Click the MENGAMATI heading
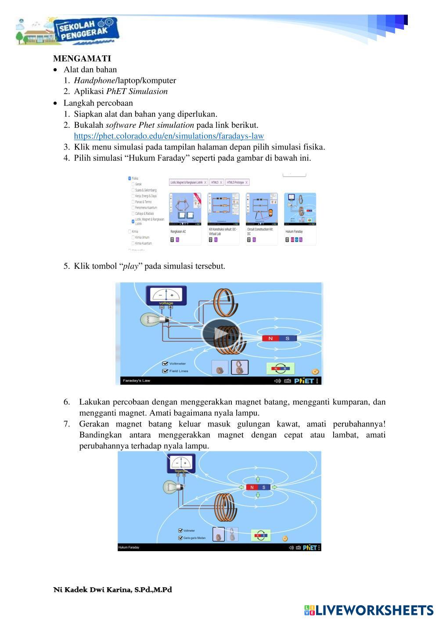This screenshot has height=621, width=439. click(82, 58)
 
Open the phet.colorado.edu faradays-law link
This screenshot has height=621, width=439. click(169, 136)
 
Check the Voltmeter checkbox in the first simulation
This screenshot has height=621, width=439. click(166, 364)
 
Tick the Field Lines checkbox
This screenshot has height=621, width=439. click(166, 371)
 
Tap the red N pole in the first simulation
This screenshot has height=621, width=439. click(270, 339)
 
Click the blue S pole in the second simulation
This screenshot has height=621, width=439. click(264, 487)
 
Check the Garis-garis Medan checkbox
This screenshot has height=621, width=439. click(180, 538)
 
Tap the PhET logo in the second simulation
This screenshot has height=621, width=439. click(310, 548)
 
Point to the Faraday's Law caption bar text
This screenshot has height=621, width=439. click(137, 381)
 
